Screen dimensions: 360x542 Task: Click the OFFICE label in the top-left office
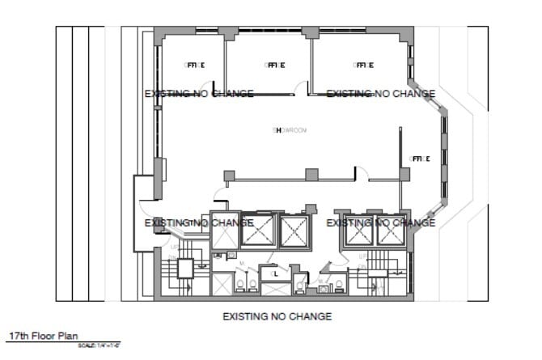194,65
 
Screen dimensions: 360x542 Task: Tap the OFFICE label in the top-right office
363,65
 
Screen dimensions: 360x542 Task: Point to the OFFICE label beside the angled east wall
420,159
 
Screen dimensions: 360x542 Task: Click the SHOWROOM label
289,129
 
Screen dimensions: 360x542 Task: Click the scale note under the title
100,345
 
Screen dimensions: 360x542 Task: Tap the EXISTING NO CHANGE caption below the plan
277,316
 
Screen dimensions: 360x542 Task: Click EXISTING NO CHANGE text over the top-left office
199,94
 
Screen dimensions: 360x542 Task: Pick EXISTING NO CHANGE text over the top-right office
380,94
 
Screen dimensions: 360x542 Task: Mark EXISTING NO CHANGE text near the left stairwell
199,222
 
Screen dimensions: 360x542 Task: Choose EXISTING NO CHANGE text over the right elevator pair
380,222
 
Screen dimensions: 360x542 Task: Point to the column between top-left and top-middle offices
229,33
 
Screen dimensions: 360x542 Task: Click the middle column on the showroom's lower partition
311,174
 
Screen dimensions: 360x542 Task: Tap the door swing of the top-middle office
301,87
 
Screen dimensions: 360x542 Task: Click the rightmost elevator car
390,233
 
